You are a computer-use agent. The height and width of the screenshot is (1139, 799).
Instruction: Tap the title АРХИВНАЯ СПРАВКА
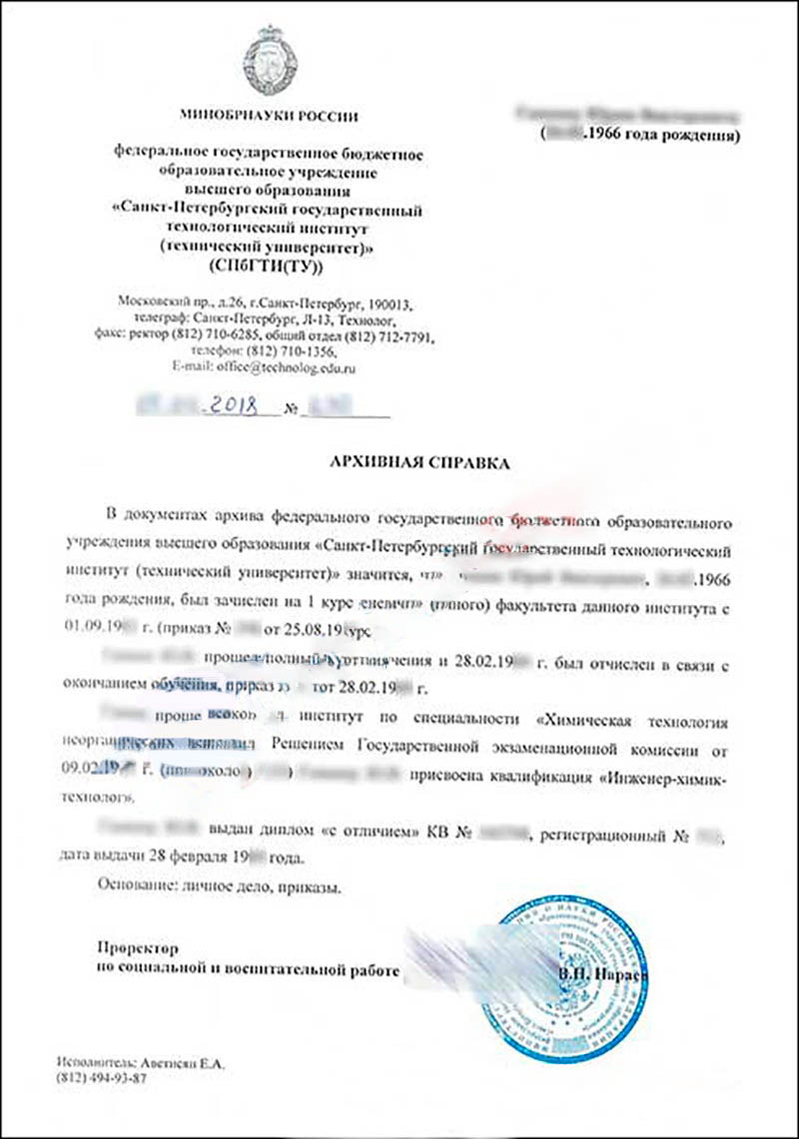click(419, 463)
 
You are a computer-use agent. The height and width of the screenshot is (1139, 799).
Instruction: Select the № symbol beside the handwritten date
click(292, 409)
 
